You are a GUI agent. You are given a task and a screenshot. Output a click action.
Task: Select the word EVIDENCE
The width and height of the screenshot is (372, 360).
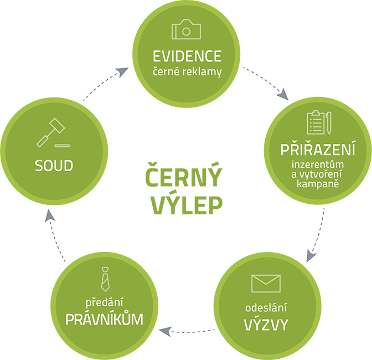click(x=187, y=56)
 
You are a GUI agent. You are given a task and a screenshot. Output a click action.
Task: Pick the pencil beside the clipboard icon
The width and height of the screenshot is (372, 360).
click(x=328, y=123)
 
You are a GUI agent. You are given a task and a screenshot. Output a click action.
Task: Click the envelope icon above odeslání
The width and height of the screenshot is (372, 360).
click(x=266, y=283)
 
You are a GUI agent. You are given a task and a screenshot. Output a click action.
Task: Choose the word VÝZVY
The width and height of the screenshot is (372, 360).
click(x=266, y=325)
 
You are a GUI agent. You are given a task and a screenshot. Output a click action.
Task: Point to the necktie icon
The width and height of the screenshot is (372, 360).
click(x=104, y=279)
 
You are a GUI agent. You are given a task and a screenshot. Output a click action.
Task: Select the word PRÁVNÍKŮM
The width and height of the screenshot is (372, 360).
click(x=104, y=320)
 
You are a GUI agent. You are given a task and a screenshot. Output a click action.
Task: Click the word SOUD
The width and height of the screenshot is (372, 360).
click(x=54, y=165)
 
